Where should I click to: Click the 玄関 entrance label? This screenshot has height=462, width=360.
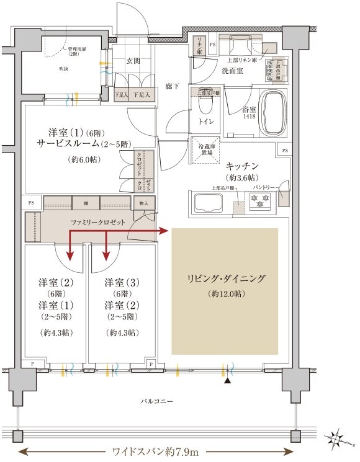[133, 61]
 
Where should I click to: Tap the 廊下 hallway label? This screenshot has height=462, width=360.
[173, 87]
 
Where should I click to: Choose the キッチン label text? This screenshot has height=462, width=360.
[242, 166]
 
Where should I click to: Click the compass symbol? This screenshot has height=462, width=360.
[340, 440]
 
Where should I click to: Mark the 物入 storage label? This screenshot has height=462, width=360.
[144, 202]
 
